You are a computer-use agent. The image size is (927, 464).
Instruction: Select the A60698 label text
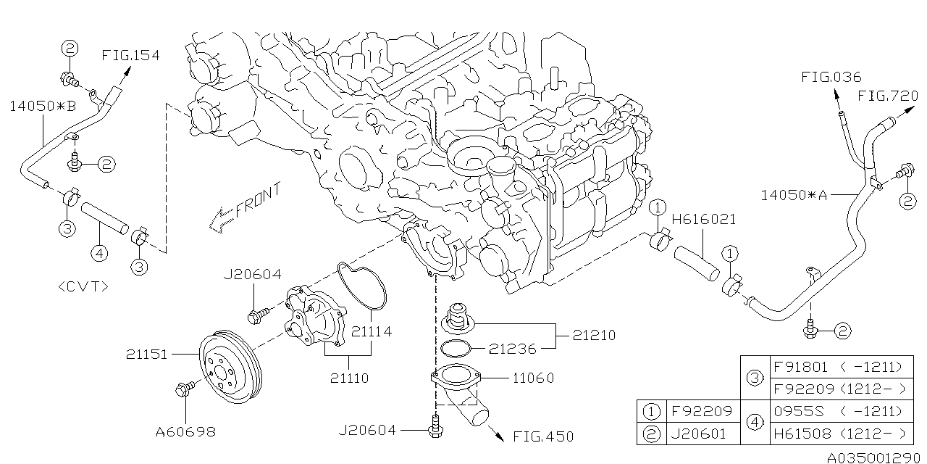point(185,432)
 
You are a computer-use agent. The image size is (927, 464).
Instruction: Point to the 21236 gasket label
point(511,349)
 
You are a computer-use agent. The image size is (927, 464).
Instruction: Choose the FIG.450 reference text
point(542,436)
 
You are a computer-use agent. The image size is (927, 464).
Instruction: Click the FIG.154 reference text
point(130,55)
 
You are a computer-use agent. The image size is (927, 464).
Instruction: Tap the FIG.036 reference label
point(831,78)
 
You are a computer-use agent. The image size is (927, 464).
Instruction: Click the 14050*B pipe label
point(43,106)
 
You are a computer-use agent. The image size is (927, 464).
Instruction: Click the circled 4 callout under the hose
point(99,253)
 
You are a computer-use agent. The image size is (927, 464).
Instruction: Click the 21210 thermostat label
point(594,335)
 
